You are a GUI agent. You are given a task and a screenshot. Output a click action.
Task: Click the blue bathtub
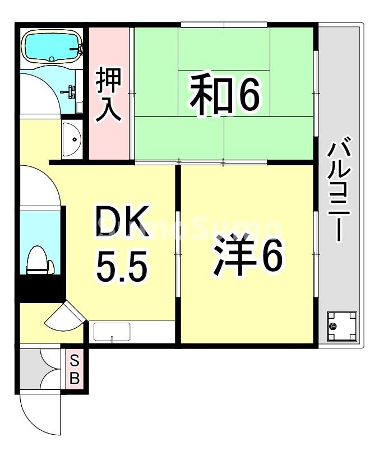pos(51,46)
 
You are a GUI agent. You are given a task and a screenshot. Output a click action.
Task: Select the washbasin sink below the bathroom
pos(71,139)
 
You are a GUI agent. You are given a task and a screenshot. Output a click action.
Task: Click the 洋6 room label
pos(246,257)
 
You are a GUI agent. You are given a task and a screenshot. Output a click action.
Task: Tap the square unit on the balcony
pos(341,327)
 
